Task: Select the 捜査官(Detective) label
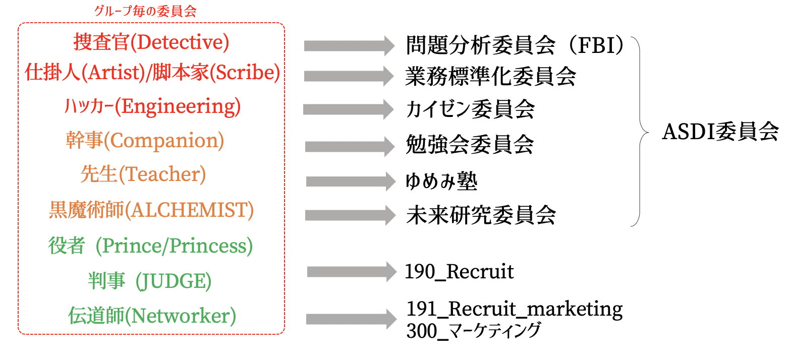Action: tap(151, 43)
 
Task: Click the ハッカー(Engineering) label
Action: tap(152, 106)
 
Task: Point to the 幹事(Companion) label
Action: tap(145, 141)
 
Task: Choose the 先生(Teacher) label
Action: tap(143, 174)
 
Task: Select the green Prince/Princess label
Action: tap(176, 246)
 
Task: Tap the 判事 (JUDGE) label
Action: tap(149, 281)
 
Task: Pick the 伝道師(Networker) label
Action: tap(152, 316)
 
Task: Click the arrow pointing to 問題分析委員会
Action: tap(349, 46)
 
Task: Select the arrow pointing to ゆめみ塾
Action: tap(351, 181)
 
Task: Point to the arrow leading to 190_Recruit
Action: tap(352, 272)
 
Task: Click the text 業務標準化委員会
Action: tap(490, 77)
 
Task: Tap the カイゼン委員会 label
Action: tap(470, 109)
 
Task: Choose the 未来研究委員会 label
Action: tap(480, 215)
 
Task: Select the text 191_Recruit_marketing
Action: tap(514, 309)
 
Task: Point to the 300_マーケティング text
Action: tap(473, 331)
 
